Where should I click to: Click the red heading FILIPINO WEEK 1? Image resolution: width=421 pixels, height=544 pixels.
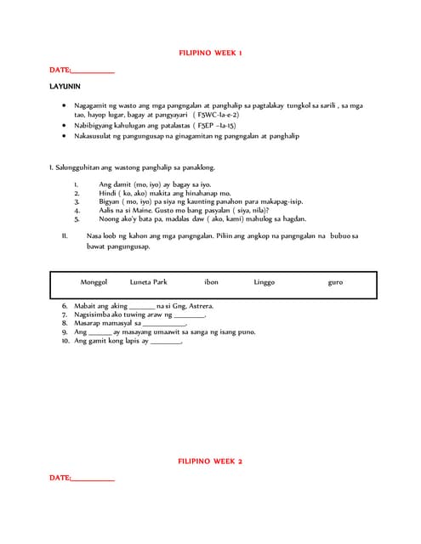210,53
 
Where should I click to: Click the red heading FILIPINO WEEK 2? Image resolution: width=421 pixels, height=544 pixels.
210,461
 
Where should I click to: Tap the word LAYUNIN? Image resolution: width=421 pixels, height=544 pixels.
65,87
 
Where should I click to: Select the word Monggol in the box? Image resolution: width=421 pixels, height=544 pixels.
94,282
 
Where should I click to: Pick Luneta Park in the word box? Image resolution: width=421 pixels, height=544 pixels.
149,282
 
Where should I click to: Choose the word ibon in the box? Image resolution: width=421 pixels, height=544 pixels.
211,282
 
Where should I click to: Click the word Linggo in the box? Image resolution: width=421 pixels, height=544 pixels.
264,282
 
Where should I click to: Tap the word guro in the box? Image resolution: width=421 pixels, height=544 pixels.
335,282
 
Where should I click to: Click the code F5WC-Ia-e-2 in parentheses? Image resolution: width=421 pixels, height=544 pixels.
216,114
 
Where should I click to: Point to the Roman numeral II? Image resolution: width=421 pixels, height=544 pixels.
65,235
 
